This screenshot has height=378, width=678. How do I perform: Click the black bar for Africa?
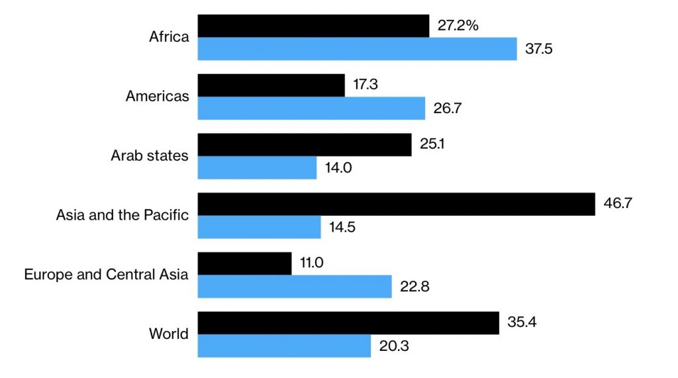[313, 26]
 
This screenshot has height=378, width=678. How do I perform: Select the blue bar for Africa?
[357, 49]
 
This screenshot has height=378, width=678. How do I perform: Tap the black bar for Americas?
[271, 85]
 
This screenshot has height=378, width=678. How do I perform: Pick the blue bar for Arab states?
[257, 167]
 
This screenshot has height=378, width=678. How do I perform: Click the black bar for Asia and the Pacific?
[396, 204]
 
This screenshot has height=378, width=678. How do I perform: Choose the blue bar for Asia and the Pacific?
[259, 227]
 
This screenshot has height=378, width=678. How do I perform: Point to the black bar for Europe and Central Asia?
[244, 263]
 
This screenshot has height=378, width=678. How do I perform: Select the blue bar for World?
[284, 346]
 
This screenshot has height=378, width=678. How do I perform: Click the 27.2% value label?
[458, 26]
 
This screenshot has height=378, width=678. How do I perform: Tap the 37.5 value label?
[539, 49]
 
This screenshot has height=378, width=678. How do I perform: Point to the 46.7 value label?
[618, 203]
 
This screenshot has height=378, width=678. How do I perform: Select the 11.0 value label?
[311, 263]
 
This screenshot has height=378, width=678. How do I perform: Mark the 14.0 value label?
[338, 167]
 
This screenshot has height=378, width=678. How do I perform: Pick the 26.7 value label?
[447, 109]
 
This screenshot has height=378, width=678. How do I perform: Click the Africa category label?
[169, 36]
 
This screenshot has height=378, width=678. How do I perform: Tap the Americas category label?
[157, 97]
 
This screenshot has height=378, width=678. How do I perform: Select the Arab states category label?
[149, 156]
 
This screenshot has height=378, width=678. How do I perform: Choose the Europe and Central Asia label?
[106, 274]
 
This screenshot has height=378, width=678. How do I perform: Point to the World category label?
[168, 334]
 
